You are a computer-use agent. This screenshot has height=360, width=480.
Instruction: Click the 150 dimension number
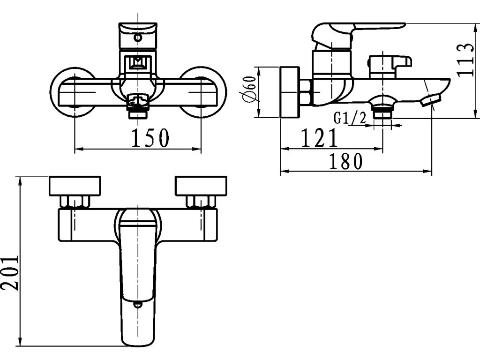149,138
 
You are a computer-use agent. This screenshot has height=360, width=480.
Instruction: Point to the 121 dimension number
319,138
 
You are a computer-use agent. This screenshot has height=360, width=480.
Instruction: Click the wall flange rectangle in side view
290,92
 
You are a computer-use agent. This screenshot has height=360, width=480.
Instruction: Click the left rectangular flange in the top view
75,186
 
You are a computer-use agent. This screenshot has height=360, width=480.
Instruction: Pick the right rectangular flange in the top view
201,186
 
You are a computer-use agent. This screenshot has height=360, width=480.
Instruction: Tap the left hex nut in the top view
75,202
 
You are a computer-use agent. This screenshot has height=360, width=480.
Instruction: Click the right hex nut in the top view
201,202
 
